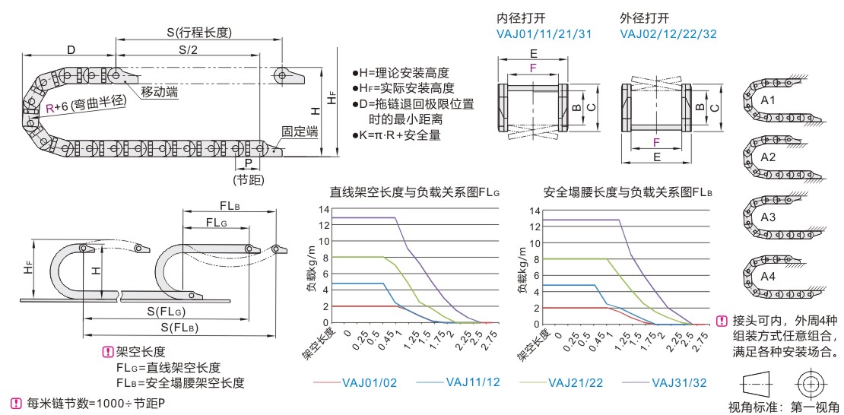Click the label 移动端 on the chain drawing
tap(160, 92)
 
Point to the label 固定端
tap(299, 131)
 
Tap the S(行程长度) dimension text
tap(199, 32)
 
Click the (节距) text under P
tap(249, 179)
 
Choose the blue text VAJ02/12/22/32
tap(668, 33)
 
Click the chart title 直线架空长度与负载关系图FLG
tap(414, 192)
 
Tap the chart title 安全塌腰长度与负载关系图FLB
tap(627, 192)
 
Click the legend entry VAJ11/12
tap(472, 382)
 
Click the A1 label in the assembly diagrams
tap(768, 100)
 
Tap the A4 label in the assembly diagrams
tap(768, 277)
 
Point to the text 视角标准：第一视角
tap(783, 407)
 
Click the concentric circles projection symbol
tap(811, 379)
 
